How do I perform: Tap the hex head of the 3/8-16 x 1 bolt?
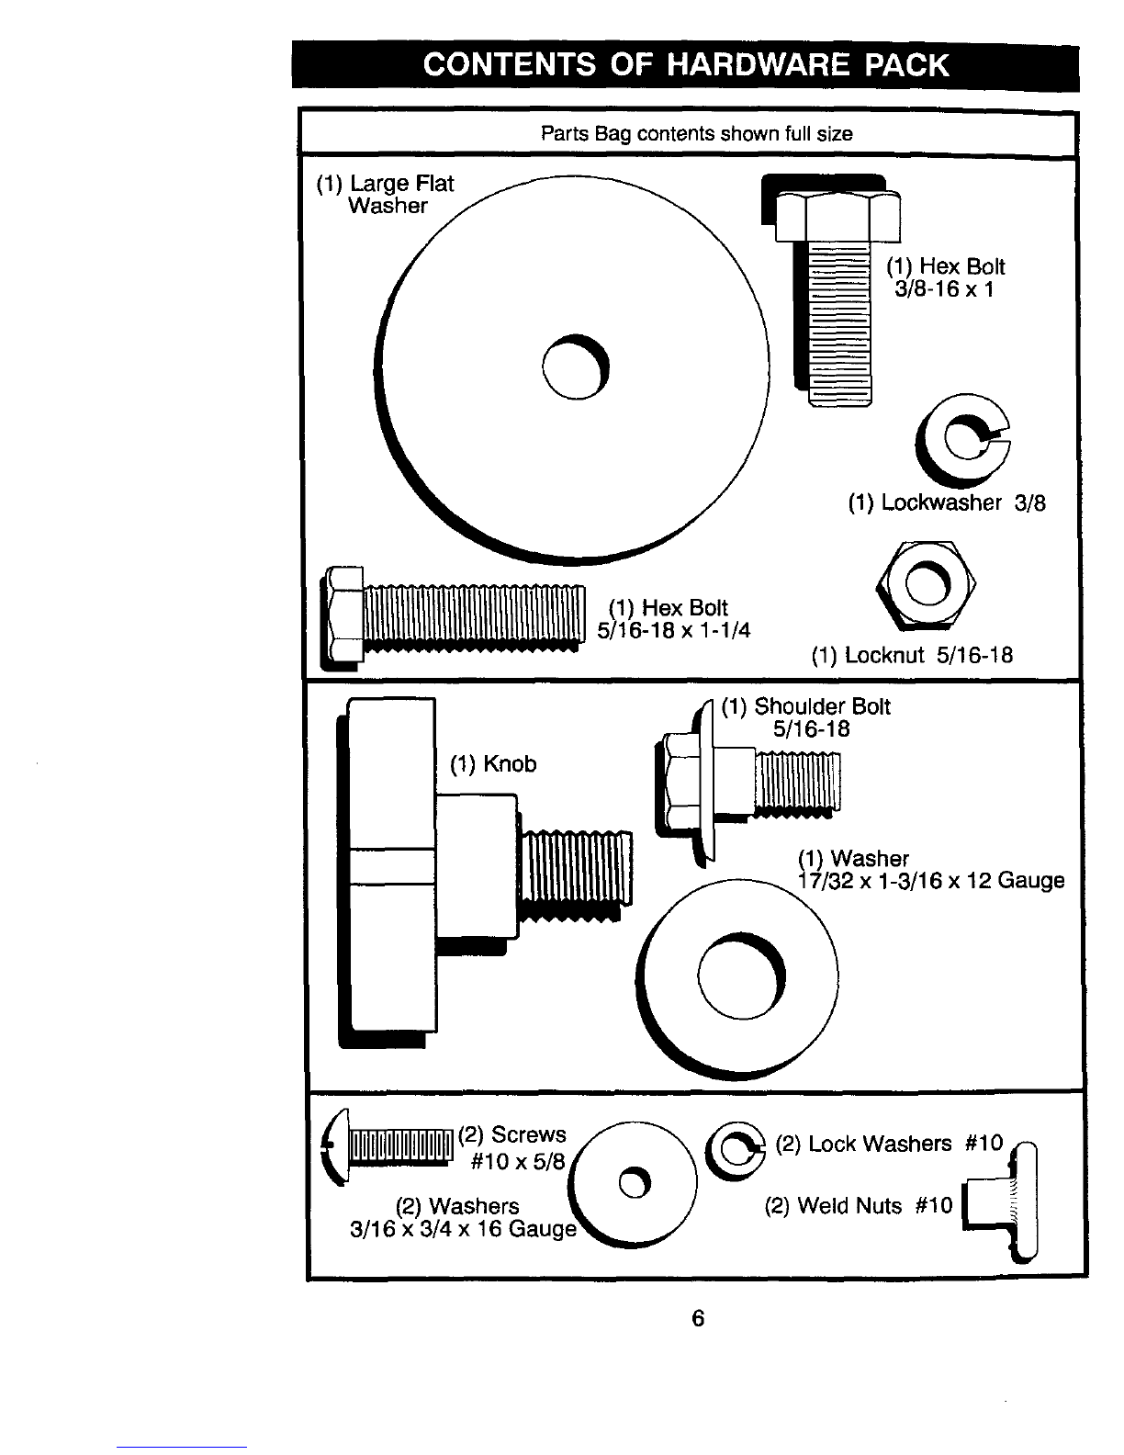pos(837,216)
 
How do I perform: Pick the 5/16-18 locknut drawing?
pos(926,584)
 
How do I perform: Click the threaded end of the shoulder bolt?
pos(797,781)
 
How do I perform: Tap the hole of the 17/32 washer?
pos(741,976)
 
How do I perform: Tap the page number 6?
pos(698,1318)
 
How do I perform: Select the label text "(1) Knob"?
pos(493,763)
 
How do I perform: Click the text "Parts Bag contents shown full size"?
pos(696,134)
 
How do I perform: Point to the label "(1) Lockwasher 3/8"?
pos(947,502)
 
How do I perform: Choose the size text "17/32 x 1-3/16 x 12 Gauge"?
pos(930,880)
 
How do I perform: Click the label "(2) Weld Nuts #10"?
pos(859,1205)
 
